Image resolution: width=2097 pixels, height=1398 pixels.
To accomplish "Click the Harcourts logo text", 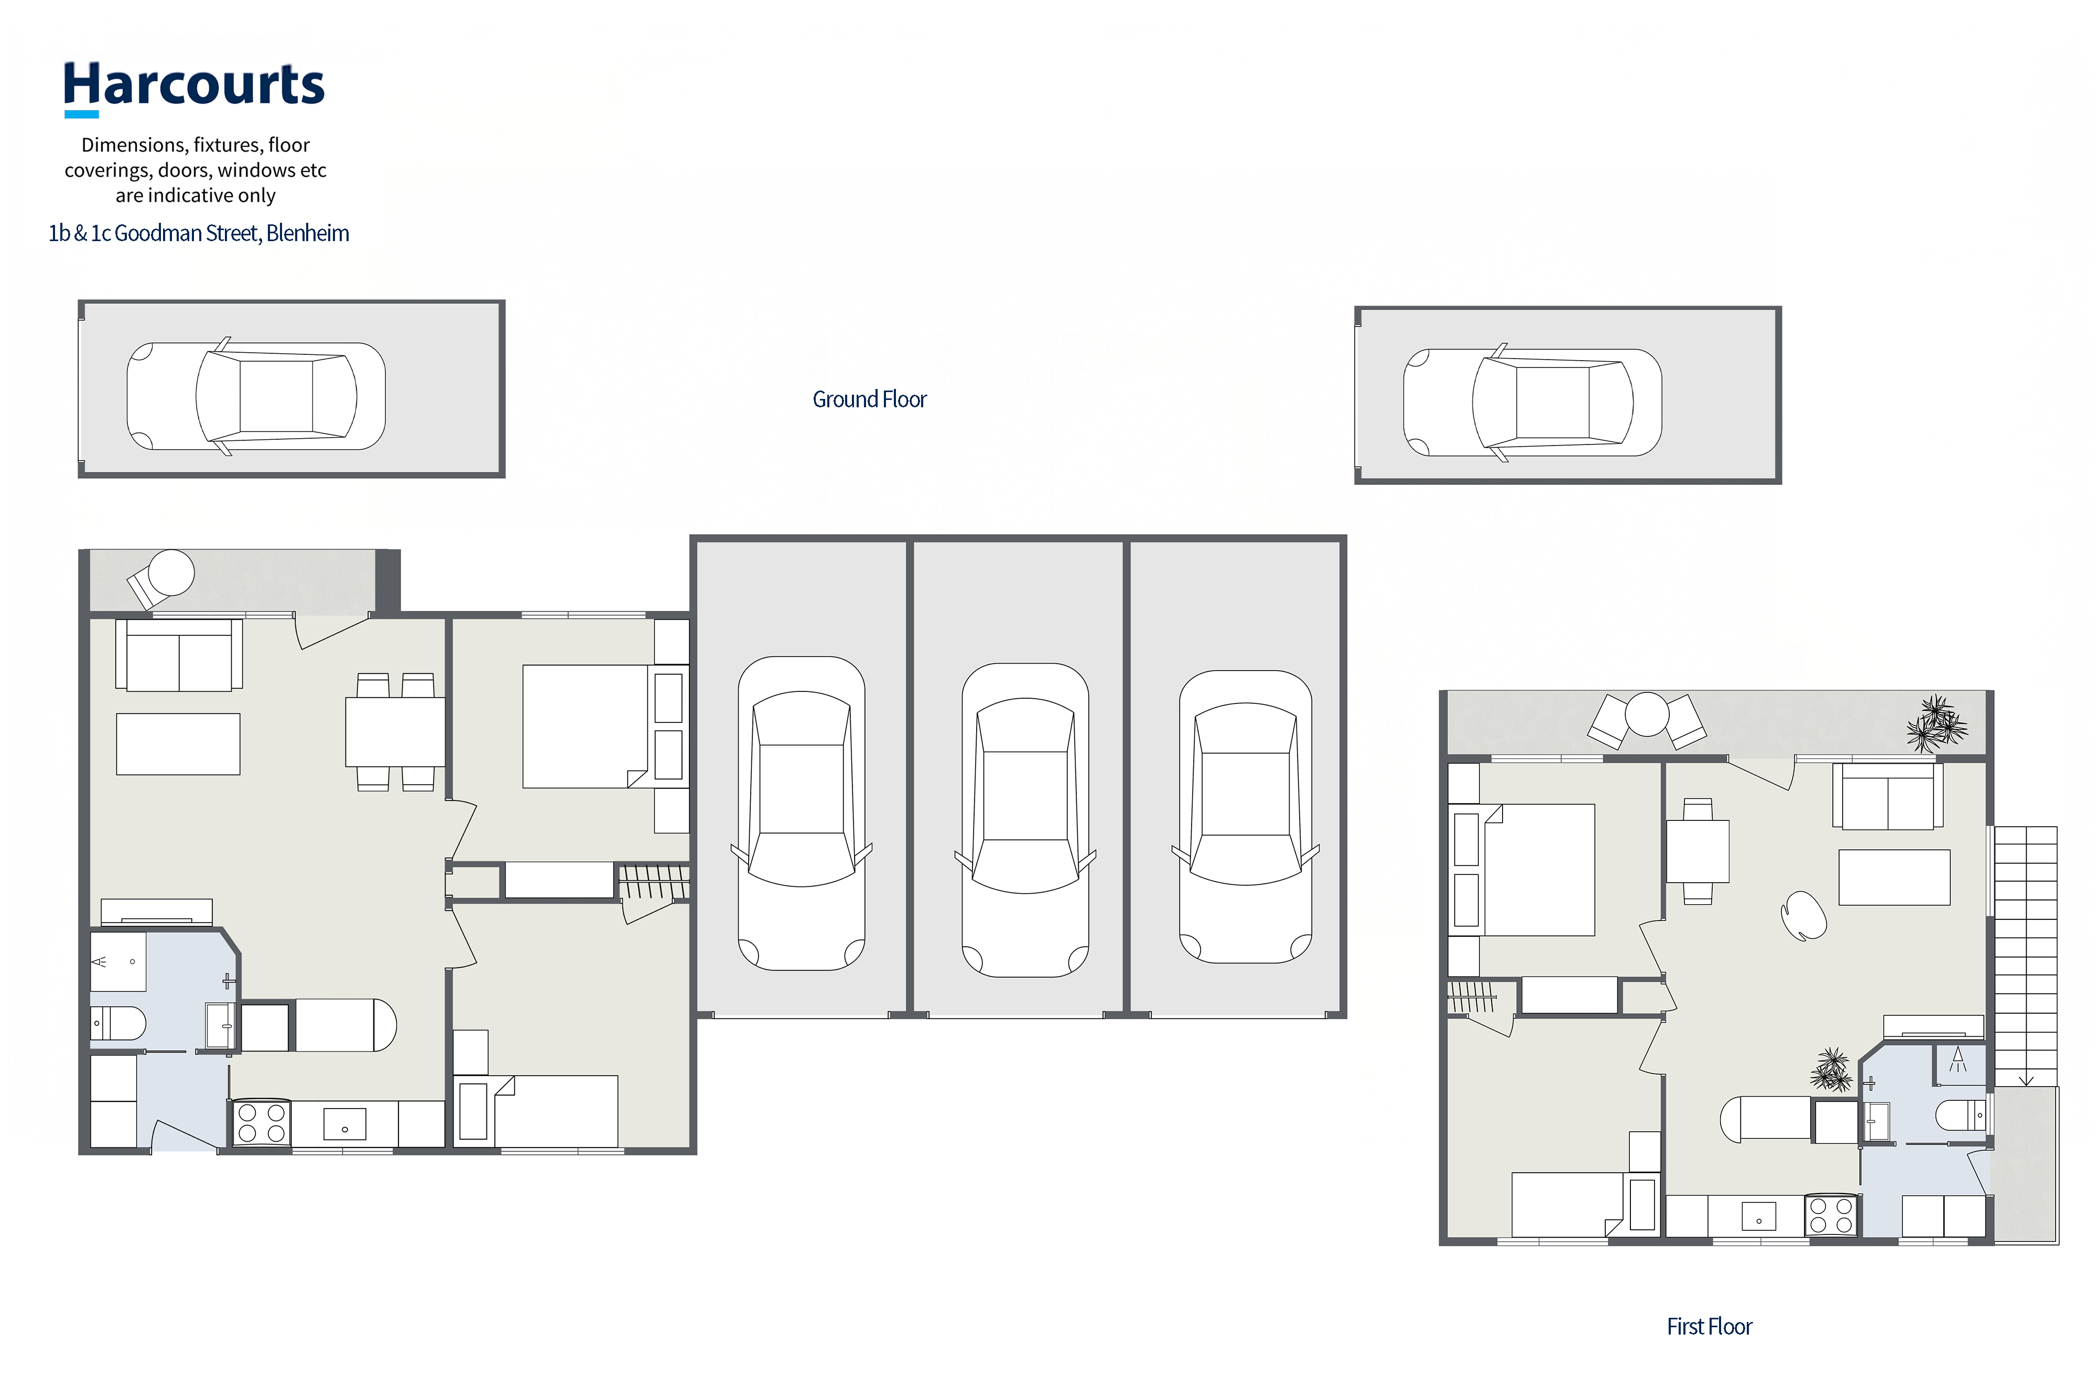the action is click(193, 85).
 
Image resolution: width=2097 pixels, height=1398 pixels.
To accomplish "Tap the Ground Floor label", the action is click(869, 399).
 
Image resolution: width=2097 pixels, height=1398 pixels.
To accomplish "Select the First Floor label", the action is click(1709, 1327).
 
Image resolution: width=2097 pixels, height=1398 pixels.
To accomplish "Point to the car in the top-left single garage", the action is click(256, 396).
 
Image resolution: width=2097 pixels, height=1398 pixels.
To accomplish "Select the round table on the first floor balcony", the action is click(1647, 714).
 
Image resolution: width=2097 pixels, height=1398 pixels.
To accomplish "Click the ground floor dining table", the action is click(395, 732).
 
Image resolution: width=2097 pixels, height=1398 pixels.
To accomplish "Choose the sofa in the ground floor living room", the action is click(178, 655).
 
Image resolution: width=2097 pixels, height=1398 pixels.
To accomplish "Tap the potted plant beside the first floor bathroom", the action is click(1831, 1070).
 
